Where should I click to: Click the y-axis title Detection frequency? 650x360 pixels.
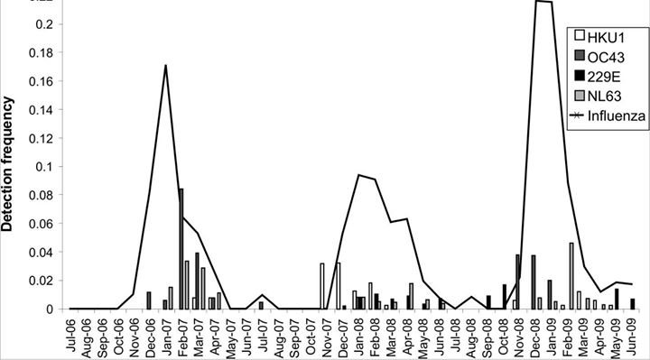point(9,167)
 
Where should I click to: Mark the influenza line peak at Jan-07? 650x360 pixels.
point(165,65)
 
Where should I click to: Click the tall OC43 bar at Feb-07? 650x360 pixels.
point(181,249)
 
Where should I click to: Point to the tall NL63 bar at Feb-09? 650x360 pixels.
point(571,276)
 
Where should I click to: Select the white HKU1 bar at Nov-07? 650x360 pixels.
point(322,286)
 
